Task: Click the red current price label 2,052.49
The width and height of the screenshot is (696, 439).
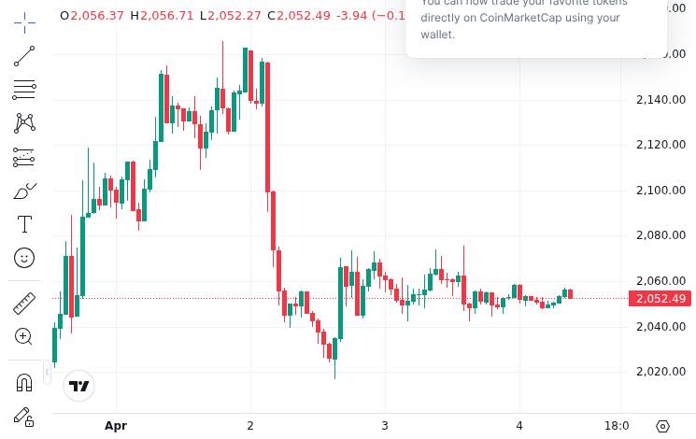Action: (x=660, y=299)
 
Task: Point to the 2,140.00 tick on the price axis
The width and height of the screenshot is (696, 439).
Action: (x=660, y=100)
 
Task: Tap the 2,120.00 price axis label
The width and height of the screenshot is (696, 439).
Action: (x=660, y=145)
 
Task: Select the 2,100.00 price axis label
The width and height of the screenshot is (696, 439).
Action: (x=660, y=191)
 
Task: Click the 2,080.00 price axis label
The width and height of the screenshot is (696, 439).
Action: (x=660, y=235)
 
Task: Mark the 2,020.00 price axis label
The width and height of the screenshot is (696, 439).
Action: (x=660, y=372)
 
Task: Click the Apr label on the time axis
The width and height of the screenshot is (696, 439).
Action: (x=116, y=426)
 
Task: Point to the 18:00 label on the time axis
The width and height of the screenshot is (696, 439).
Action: (x=617, y=426)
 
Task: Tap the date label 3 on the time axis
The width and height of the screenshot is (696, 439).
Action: (x=385, y=426)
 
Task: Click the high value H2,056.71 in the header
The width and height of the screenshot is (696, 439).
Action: (x=163, y=16)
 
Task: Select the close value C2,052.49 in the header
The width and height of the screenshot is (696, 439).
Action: (x=299, y=16)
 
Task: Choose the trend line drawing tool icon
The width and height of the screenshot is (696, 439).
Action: (x=24, y=57)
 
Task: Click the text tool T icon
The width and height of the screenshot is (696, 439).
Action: (x=24, y=224)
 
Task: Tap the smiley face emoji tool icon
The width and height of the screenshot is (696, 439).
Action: (x=24, y=258)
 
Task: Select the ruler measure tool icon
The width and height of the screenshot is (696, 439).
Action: (x=24, y=304)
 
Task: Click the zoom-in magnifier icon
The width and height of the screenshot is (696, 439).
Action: (x=24, y=337)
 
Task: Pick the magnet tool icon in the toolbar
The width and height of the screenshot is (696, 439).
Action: (x=24, y=382)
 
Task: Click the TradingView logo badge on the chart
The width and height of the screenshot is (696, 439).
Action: (x=79, y=386)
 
